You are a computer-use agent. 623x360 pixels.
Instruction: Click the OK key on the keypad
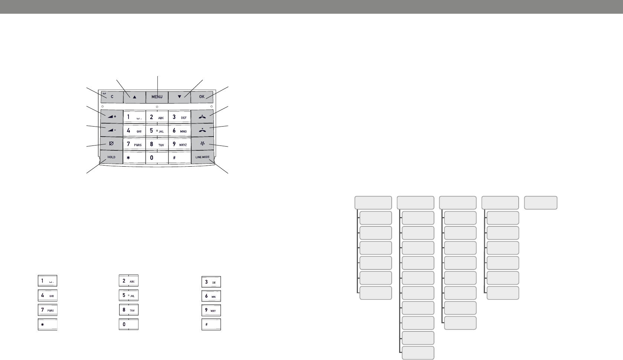point(202,96)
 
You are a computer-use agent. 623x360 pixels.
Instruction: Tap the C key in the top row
point(111,96)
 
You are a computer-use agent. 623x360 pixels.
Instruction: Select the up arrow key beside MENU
point(134,96)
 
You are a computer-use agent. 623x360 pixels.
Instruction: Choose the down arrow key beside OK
point(179,96)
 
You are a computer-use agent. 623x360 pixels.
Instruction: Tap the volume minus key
point(111,130)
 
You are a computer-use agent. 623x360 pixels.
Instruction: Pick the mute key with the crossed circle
point(111,144)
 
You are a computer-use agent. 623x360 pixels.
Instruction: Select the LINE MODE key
point(202,157)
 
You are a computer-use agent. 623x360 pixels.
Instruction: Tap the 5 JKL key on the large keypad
point(157,131)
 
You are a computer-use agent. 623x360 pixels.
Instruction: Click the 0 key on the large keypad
point(157,158)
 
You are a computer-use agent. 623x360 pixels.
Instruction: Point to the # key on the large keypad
point(179,158)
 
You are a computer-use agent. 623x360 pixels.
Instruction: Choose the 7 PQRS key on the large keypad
point(134,144)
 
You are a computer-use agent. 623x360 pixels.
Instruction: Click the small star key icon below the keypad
point(48,324)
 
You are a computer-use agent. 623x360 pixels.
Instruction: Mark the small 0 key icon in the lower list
point(128,324)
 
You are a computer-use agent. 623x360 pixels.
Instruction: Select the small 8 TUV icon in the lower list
point(128,310)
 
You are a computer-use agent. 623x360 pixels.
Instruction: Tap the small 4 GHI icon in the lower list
point(48,296)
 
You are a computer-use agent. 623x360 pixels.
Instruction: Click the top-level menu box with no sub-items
point(541,203)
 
